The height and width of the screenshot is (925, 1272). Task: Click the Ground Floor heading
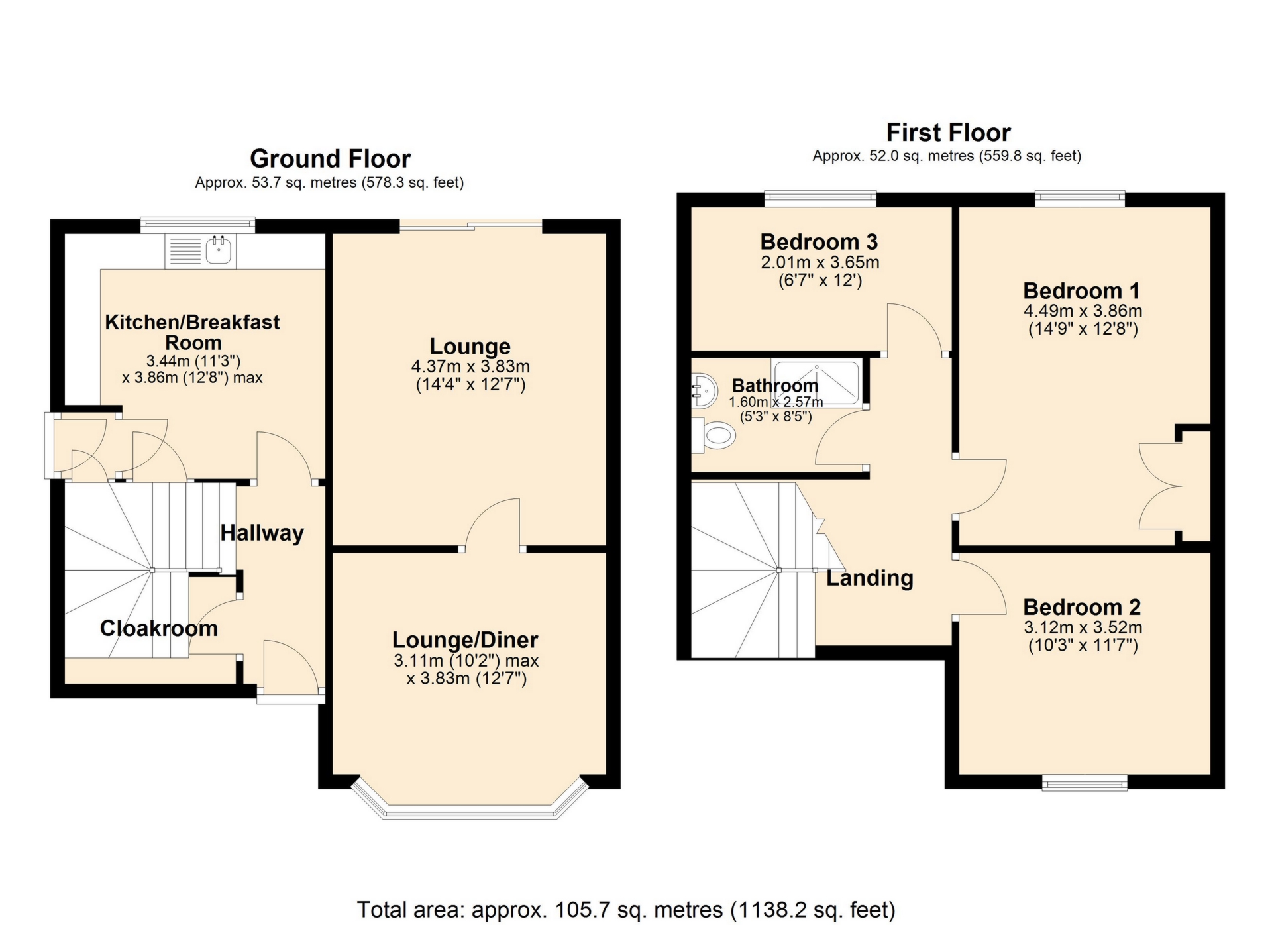pyautogui.click(x=330, y=159)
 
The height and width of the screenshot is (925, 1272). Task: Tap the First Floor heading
pyautogui.click(x=948, y=133)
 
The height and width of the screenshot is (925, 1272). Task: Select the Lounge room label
pyautogui.click(x=470, y=346)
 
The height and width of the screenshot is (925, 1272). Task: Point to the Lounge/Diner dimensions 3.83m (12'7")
pyautogui.click(x=466, y=679)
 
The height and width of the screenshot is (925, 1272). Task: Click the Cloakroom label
pyautogui.click(x=158, y=628)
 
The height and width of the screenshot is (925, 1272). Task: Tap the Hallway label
pyautogui.click(x=262, y=533)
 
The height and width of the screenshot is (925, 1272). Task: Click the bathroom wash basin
pyautogui.click(x=703, y=390)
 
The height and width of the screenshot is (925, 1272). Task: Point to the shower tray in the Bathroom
pyautogui.click(x=816, y=383)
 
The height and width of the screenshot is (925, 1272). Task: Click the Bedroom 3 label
pyautogui.click(x=819, y=242)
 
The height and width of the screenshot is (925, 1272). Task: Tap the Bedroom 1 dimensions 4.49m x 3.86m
pyautogui.click(x=1083, y=311)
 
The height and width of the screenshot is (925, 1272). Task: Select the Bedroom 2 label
pyautogui.click(x=1082, y=607)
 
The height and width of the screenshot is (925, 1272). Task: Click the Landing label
pyautogui.click(x=870, y=578)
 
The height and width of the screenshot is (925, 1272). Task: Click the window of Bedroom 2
pyautogui.click(x=1085, y=784)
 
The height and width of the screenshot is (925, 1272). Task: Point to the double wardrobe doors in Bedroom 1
pyautogui.click(x=1161, y=486)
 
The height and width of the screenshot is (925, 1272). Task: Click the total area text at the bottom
pyautogui.click(x=626, y=910)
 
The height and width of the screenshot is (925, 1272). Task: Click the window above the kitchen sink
pyautogui.click(x=197, y=225)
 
